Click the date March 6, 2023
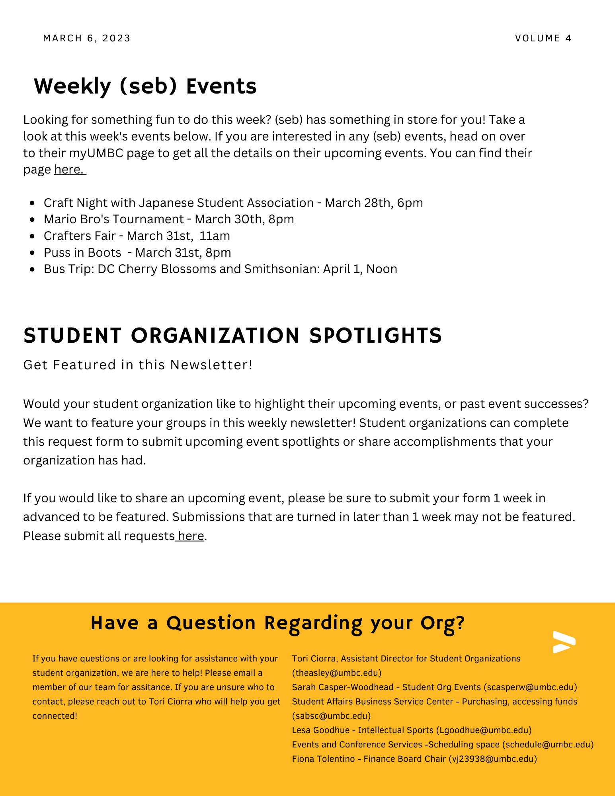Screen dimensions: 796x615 click(x=87, y=38)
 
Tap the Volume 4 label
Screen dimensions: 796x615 click(x=543, y=38)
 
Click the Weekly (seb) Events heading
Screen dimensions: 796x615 click(x=145, y=86)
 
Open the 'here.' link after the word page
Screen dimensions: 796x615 click(x=70, y=170)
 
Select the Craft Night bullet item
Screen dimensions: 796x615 click(x=233, y=203)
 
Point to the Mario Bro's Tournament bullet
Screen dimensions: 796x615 click(x=169, y=219)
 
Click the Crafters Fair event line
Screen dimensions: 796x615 click(x=137, y=236)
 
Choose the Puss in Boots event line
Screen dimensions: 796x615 click(x=137, y=253)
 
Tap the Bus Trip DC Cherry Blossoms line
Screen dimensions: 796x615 click(x=220, y=269)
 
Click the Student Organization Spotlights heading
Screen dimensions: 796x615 click(x=233, y=335)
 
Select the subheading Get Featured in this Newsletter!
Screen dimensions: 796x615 click(x=138, y=365)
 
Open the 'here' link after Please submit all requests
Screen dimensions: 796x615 click(x=191, y=536)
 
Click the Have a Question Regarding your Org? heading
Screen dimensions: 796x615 click(x=277, y=623)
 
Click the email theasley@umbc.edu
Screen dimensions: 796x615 click(x=337, y=673)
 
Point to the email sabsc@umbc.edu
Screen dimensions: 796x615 click(x=331, y=716)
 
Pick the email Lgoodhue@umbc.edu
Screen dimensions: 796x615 click(x=484, y=730)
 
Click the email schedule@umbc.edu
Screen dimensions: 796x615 click(x=548, y=745)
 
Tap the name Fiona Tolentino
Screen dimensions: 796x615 click(x=323, y=759)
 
